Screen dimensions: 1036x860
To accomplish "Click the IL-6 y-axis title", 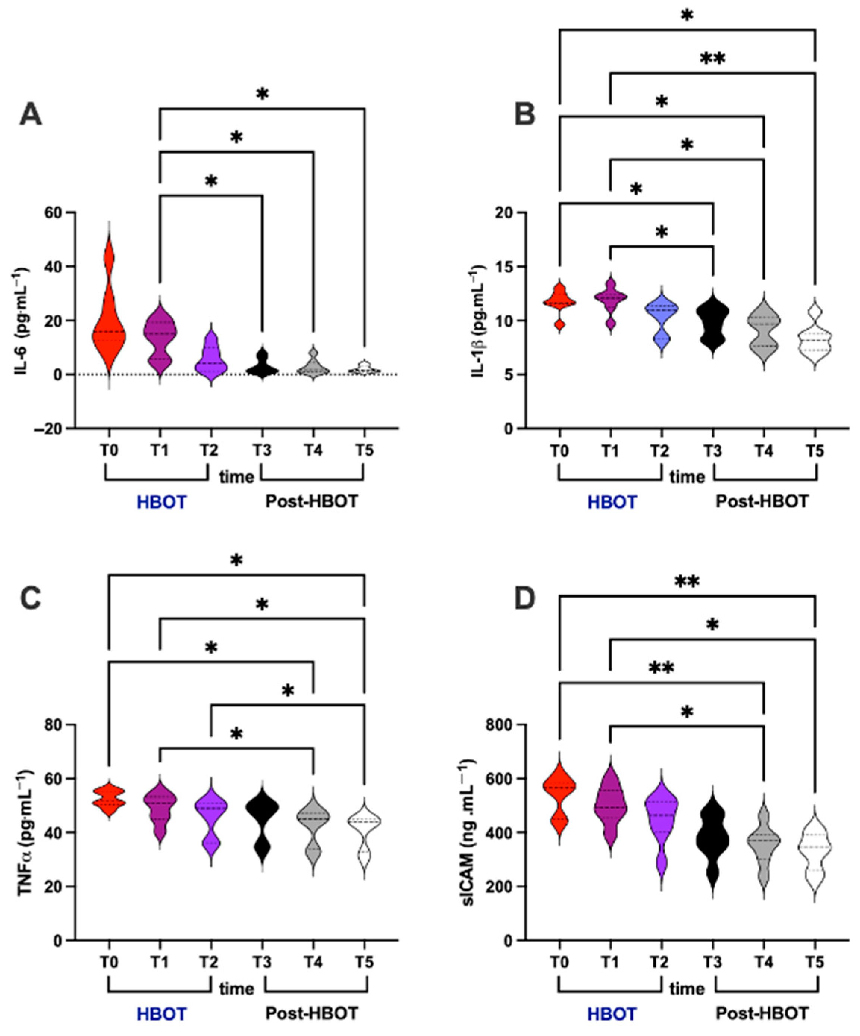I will (x=23, y=321).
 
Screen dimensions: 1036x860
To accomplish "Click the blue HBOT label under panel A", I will (x=161, y=502).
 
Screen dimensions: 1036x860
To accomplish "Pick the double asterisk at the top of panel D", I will (x=687, y=583).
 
